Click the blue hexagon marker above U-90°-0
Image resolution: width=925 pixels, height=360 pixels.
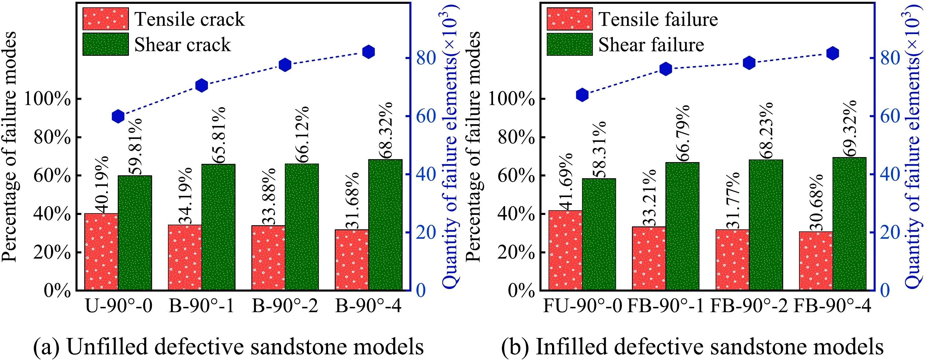pos(118,116)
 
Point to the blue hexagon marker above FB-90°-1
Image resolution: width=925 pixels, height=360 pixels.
pos(665,69)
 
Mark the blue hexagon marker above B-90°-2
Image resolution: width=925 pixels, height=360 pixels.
pos(285,65)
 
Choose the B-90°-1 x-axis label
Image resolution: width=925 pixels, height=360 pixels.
pos(201,306)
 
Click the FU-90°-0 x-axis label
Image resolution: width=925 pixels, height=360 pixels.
pos(582,306)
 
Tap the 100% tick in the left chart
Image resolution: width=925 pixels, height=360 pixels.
pos(47,100)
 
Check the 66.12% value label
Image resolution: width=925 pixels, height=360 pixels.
pos(301,134)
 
